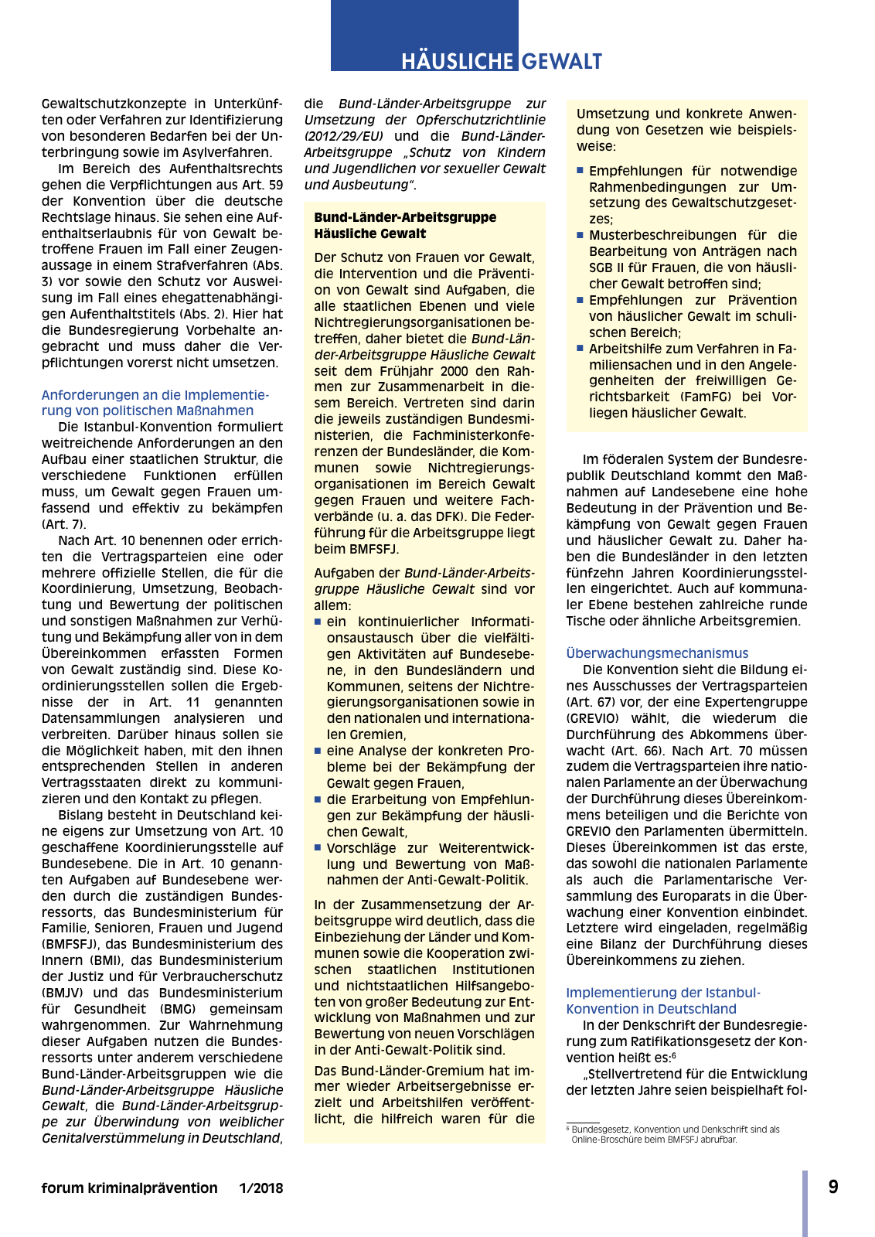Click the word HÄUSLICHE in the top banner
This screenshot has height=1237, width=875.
(x=457, y=61)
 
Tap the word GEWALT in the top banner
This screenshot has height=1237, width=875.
(x=562, y=61)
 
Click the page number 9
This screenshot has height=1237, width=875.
(x=833, y=1187)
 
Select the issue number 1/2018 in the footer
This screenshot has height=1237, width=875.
(x=261, y=1188)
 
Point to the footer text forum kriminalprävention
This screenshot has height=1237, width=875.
(x=129, y=1188)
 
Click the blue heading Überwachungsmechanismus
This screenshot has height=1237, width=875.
(x=657, y=653)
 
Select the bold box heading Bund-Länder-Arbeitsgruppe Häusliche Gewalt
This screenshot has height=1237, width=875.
(x=405, y=226)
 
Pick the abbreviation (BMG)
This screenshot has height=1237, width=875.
(x=179, y=1009)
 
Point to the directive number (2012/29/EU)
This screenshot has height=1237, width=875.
(x=343, y=136)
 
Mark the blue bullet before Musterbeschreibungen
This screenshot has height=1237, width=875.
(x=580, y=234)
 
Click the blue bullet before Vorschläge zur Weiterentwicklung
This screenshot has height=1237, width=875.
(x=318, y=847)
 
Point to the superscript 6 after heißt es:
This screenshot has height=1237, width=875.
(x=674, y=1055)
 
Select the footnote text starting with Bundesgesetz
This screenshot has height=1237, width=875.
(x=672, y=1134)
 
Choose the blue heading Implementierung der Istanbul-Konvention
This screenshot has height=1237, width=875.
(x=662, y=1000)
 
